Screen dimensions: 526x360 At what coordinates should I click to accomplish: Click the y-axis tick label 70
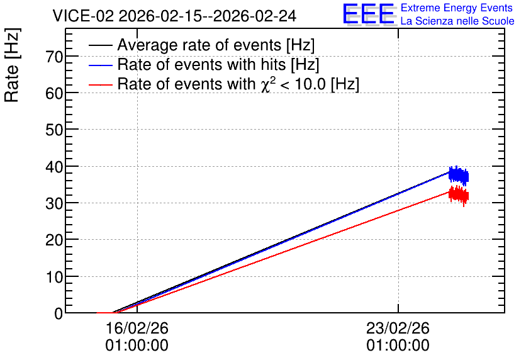click(x=54, y=57)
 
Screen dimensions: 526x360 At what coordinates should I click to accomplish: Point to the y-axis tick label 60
click(x=54, y=93)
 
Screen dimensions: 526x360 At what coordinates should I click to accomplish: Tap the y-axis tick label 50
click(x=54, y=130)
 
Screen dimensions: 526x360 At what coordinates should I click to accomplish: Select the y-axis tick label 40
click(x=54, y=167)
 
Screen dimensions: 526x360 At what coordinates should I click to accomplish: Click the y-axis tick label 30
click(x=54, y=203)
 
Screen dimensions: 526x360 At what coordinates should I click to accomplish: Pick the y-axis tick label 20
click(x=54, y=240)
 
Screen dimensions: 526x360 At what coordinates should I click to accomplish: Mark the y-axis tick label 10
click(x=54, y=277)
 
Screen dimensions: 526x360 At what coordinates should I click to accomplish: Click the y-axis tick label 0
click(x=59, y=313)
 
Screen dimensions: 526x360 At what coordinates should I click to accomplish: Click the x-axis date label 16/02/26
click(x=137, y=328)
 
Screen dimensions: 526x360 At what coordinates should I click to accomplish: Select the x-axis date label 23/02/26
click(x=398, y=328)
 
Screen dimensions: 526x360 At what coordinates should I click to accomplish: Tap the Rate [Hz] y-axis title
click(x=12, y=65)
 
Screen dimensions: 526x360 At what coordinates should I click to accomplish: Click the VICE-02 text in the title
click(x=83, y=16)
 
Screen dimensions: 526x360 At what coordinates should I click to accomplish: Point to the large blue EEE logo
click(x=369, y=14)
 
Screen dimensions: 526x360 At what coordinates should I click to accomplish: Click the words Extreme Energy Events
click(x=457, y=8)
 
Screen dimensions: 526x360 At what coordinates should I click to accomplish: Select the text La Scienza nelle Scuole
click(x=457, y=21)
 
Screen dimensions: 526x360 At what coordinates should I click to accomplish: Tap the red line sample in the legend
click(x=100, y=85)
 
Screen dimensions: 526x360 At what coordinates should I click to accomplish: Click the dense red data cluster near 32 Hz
click(x=459, y=195)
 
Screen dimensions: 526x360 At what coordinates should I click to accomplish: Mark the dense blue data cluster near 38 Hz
click(x=459, y=176)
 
